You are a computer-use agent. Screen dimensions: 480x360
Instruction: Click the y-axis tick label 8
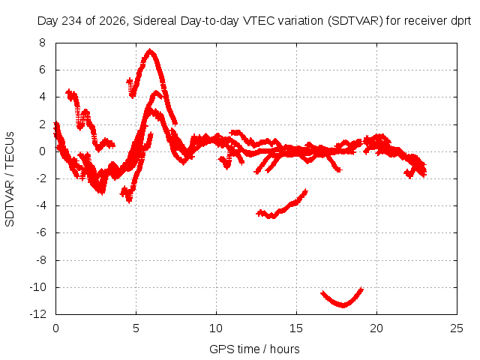42,43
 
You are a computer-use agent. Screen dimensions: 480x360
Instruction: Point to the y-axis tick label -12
38,314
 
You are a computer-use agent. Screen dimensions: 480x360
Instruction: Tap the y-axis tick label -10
38,287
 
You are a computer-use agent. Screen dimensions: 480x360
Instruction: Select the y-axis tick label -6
40,232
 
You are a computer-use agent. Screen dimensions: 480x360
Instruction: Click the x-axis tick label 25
457,328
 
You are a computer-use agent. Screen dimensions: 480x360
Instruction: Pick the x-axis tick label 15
296,328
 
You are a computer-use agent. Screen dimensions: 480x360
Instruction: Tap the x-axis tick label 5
136,328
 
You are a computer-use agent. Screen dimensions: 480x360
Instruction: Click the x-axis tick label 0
55,328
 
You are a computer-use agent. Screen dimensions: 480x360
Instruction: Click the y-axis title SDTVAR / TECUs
10,179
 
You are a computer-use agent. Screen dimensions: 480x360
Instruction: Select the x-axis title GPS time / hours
254,349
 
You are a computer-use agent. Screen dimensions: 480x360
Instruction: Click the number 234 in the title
72,21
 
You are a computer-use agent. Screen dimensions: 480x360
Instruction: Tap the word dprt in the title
461,21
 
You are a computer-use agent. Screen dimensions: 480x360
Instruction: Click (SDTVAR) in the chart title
355,21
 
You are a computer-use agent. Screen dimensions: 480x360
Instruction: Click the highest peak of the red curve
150,49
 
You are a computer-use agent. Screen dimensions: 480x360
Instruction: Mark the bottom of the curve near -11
343,305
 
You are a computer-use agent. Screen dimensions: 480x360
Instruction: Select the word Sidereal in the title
154,21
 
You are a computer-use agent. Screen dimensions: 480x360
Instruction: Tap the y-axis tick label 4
42,97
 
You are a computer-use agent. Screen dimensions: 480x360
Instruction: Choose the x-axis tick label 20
376,328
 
